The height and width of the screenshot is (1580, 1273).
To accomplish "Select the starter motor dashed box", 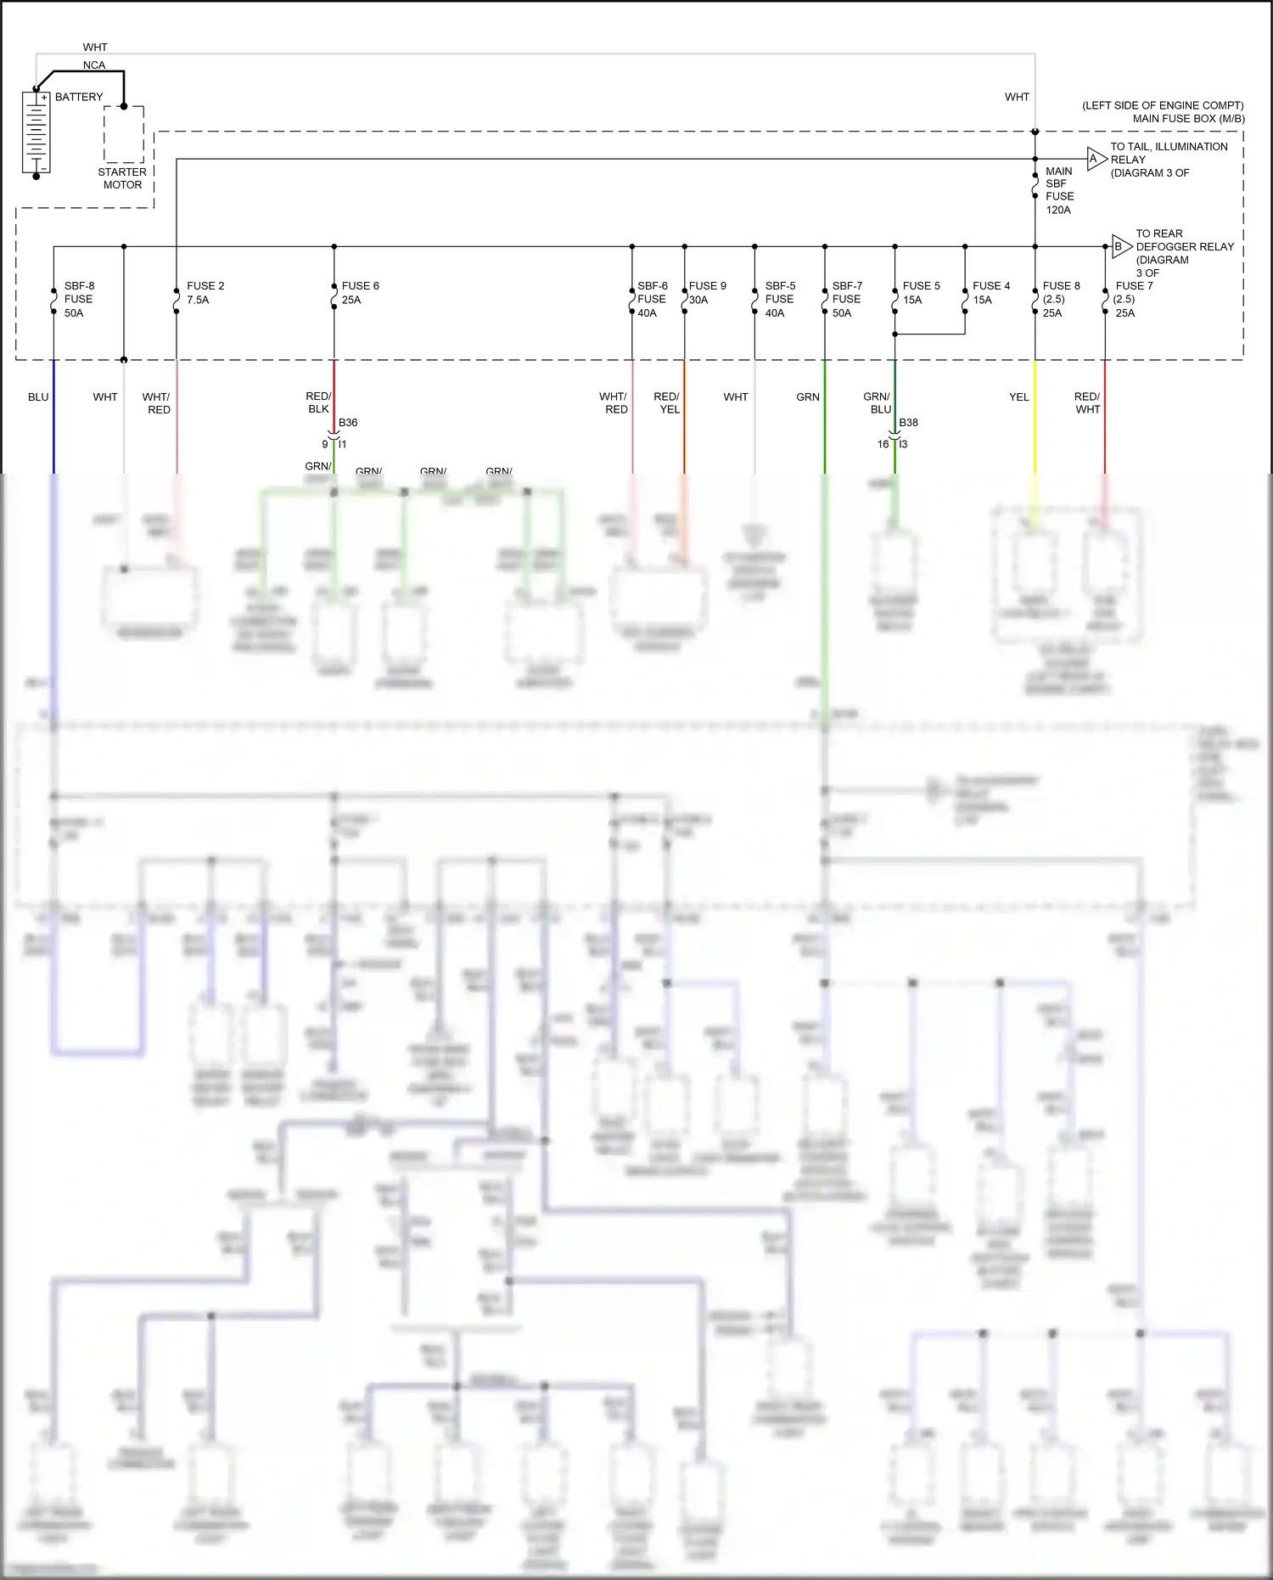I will (x=124, y=134).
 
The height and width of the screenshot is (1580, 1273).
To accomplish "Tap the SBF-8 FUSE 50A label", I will (x=78, y=300).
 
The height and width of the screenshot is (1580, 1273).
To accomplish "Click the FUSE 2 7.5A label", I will (x=205, y=293).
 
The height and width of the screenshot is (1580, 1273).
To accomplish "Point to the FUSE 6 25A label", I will (x=360, y=293).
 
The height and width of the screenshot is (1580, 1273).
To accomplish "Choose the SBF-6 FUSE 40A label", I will (x=652, y=300).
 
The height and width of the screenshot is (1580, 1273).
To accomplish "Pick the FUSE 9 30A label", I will (x=707, y=293).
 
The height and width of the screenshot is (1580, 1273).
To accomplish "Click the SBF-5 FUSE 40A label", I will (x=779, y=300).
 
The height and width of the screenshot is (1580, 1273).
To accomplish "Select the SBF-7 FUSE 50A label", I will (x=846, y=300).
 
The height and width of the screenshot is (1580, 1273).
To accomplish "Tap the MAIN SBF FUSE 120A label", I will (x=1059, y=190).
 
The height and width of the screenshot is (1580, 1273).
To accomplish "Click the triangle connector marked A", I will (x=1096, y=159).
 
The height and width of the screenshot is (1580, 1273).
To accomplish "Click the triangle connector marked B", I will (x=1121, y=247).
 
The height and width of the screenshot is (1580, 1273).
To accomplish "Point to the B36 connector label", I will (x=348, y=423).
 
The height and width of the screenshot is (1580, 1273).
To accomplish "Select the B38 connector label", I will (x=908, y=423).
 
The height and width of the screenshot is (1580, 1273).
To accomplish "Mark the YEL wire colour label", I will (x=1018, y=397).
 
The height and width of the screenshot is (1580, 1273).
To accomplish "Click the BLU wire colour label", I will (x=38, y=397).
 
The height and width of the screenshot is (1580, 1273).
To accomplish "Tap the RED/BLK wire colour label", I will (x=318, y=402).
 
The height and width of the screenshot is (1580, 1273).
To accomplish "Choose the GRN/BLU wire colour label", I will (x=877, y=402).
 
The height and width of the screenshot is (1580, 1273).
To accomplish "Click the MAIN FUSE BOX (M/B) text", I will (x=1188, y=119).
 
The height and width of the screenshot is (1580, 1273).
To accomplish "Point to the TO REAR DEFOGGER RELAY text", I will (x=1184, y=240).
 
